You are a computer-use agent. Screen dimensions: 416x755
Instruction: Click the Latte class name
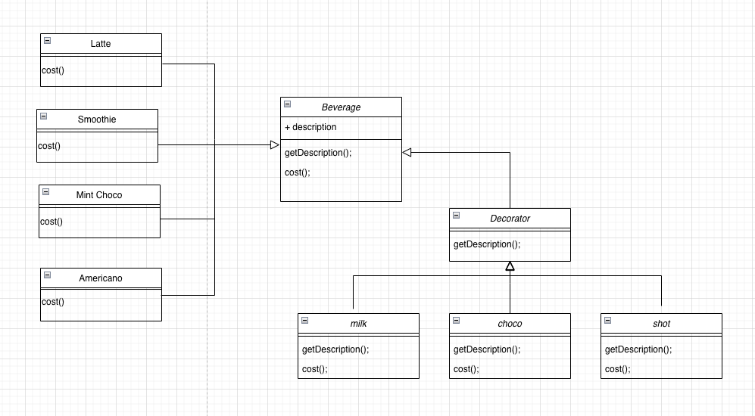pyautogui.click(x=101, y=44)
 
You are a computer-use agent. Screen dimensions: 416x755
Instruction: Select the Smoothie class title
pyautogui.click(x=97, y=120)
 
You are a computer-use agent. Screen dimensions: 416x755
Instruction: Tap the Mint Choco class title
pyautogui.click(x=99, y=195)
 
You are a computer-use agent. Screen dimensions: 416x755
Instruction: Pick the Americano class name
pyautogui.click(x=101, y=278)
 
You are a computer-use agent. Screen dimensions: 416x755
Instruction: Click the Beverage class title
pyautogui.click(x=341, y=107)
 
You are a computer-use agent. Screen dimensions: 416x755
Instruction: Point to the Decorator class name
pyautogui.click(x=510, y=219)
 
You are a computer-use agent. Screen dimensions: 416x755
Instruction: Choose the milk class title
pyautogui.click(x=358, y=324)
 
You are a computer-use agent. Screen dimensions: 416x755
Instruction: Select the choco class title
pyautogui.click(x=510, y=324)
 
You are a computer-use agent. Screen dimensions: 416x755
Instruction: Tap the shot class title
pyautogui.click(x=661, y=324)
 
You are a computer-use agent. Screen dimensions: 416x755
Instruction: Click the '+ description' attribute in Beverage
pyautogui.click(x=310, y=127)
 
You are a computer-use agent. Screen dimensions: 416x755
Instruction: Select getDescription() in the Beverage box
pyautogui.click(x=318, y=153)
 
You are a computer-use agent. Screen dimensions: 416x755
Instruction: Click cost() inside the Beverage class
pyautogui.click(x=298, y=172)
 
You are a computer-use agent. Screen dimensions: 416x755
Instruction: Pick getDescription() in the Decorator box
pyautogui.click(x=487, y=244)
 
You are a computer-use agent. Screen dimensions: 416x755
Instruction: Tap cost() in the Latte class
pyautogui.click(x=53, y=70)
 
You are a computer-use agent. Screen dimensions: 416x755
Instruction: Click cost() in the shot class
pyautogui.click(x=618, y=369)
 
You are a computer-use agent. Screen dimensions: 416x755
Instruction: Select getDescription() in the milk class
pyautogui.click(x=335, y=349)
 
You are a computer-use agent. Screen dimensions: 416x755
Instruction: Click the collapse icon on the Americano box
pyautogui.click(x=47, y=275)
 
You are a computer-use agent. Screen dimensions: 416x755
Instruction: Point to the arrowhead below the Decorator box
pyautogui.click(x=510, y=266)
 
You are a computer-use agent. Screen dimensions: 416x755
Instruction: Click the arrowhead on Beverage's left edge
pyautogui.click(x=275, y=144)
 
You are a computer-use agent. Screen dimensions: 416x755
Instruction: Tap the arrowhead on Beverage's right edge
pyautogui.click(x=407, y=153)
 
